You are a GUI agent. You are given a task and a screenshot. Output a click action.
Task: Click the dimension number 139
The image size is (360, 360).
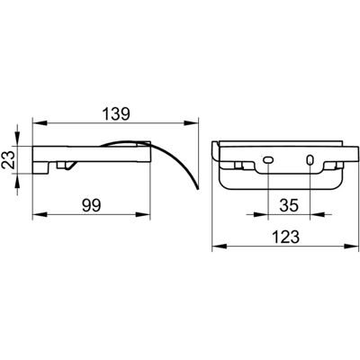(116, 114)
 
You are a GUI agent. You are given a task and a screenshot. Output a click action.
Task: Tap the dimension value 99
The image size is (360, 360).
(92, 205)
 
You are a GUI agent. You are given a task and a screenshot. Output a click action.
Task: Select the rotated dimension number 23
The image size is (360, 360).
(10, 159)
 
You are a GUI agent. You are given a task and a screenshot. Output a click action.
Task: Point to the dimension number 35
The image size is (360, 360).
(290, 205)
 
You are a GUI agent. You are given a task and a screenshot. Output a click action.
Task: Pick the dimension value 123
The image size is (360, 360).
(286, 237)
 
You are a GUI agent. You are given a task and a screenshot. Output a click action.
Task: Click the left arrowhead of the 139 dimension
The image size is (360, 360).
(40, 123)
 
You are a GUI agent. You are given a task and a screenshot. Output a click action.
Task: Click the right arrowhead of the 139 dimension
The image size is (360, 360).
(191, 123)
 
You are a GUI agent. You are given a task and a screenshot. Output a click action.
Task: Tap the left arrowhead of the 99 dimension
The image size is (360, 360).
(40, 214)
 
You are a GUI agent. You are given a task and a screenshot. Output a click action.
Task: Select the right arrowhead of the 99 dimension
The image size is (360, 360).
(142, 214)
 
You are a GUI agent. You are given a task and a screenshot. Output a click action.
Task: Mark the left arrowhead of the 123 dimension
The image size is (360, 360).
(220, 246)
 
